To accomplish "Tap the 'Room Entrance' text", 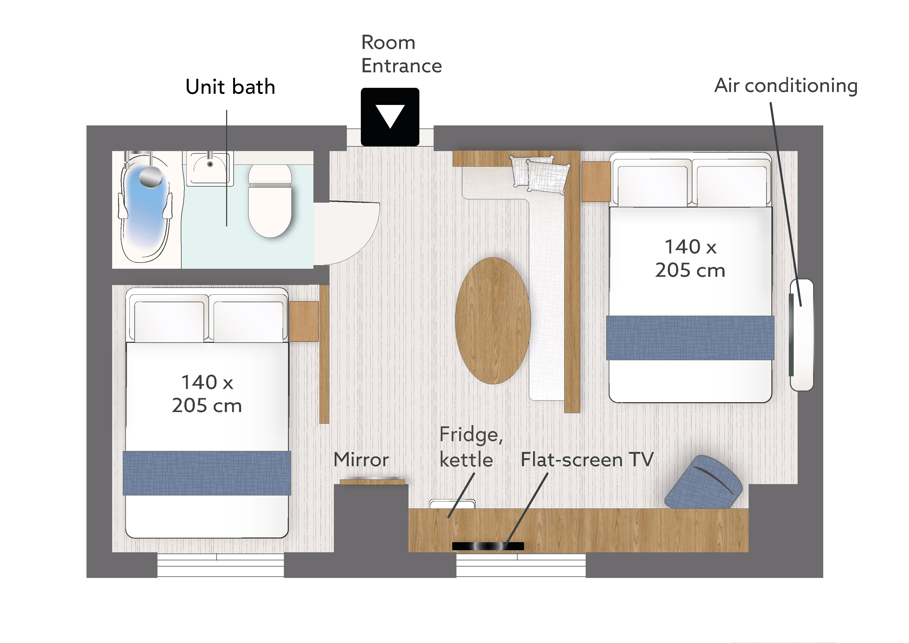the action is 401,54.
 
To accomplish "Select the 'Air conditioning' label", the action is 786,85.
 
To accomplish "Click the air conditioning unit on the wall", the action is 801,335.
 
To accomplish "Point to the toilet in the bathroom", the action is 270,201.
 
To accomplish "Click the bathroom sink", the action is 210,168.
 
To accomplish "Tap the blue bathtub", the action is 146,208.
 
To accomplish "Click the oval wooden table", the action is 493,321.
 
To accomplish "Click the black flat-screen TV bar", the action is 488,546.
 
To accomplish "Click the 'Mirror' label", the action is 361,460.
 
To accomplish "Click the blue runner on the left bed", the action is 207,473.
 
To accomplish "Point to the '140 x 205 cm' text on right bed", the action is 690,258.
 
